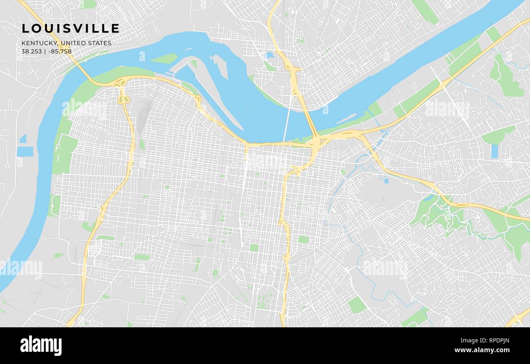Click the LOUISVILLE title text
tap(71, 29)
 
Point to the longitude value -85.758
tap(60, 51)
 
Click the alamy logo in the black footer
tap(41, 346)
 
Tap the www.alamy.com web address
tap(482, 351)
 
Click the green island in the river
tap(164, 59)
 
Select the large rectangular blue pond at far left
tap(25, 152)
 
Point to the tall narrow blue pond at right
tap(495, 151)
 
